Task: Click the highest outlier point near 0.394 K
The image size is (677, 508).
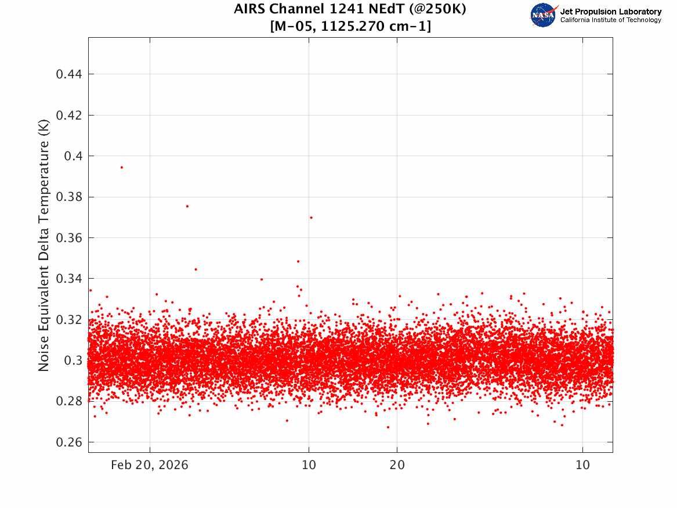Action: pyautogui.click(x=122, y=167)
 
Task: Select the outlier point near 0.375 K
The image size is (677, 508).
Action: pyautogui.click(x=187, y=206)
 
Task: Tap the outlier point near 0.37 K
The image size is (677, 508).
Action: pyautogui.click(x=312, y=218)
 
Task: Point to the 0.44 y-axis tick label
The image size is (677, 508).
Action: pyautogui.click(x=69, y=74)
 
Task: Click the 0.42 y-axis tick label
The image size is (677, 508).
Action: pyautogui.click(x=69, y=116)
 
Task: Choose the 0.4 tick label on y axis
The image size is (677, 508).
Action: pyautogui.click(x=74, y=156)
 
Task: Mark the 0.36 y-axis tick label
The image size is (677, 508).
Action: pyautogui.click(x=69, y=238)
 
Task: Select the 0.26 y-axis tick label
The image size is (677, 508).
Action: pyautogui.click(x=69, y=442)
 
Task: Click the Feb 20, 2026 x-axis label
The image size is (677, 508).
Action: pyautogui.click(x=150, y=465)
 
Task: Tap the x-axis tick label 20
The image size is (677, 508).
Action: pyautogui.click(x=397, y=465)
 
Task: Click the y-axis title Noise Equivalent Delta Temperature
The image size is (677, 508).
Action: pyautogui.click(x=44, y=246)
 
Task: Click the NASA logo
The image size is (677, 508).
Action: pyautogui.click(x=544, y=15)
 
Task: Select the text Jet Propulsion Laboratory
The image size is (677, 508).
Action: pyautogui.click(x=611, y=12)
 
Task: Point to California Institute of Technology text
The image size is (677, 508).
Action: pyautogui.click(x=611, y=20)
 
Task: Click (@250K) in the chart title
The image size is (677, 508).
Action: pyautogui.click(x=437, y=9)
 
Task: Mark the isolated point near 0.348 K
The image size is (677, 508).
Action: pyautogui.click(x=298, y=261)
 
